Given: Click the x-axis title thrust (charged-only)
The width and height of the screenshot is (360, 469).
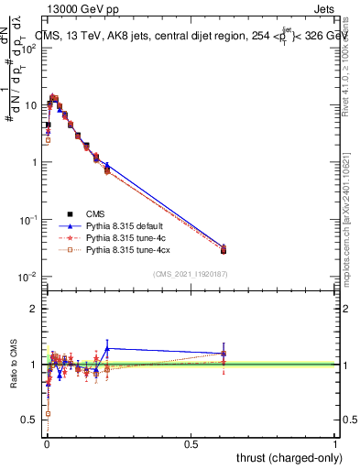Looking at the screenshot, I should point(290,456).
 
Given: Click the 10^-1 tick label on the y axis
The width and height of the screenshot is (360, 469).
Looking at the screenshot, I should point(27,220).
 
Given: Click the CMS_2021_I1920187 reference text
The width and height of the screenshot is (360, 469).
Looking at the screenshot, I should point(189,274).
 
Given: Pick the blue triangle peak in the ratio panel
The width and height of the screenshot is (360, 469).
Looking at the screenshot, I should point(107,348).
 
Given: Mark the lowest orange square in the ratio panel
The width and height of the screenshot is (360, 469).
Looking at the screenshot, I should point(48,413).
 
